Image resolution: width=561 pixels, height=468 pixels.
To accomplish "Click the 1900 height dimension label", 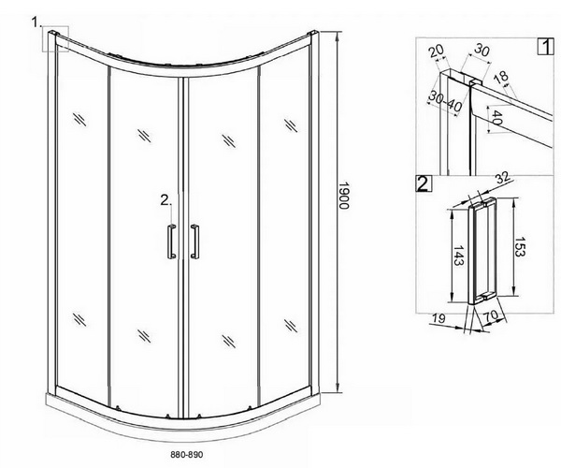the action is click(x=343, y=195).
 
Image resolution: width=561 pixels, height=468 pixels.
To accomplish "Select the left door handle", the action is click(x=171, y=241).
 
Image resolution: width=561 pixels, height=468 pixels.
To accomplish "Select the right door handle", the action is click(x=194, y=241).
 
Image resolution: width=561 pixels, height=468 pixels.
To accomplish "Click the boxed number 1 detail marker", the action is click(x=546, y=47).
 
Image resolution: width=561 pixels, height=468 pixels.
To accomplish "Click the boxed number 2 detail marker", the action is click(x=424, y=183).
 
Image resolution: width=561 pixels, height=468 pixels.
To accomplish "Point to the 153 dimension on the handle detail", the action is click(x=520, y=247).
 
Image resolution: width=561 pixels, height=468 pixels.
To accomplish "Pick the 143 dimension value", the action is click(x=458, y=256).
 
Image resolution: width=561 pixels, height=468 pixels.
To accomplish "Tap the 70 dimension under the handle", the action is click(x=491, y=315).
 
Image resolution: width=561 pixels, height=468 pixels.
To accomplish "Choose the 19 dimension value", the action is click(x=439, y=318).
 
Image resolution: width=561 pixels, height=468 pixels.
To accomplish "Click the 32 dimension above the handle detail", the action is click(x=502, y=178).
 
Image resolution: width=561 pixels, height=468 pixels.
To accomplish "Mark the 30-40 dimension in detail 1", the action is click(x=445, y=101).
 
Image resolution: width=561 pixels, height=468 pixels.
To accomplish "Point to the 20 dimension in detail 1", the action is click(x=437, y=51).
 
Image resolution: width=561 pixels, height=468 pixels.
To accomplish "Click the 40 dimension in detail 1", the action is click(x=496, y=117).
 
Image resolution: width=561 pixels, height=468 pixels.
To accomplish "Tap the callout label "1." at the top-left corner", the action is click(x=36, y=22).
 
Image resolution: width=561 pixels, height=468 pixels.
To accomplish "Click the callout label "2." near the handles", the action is click(x=165, y=200).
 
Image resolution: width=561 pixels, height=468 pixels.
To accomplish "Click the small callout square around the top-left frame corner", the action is click(x=55, y=38).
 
